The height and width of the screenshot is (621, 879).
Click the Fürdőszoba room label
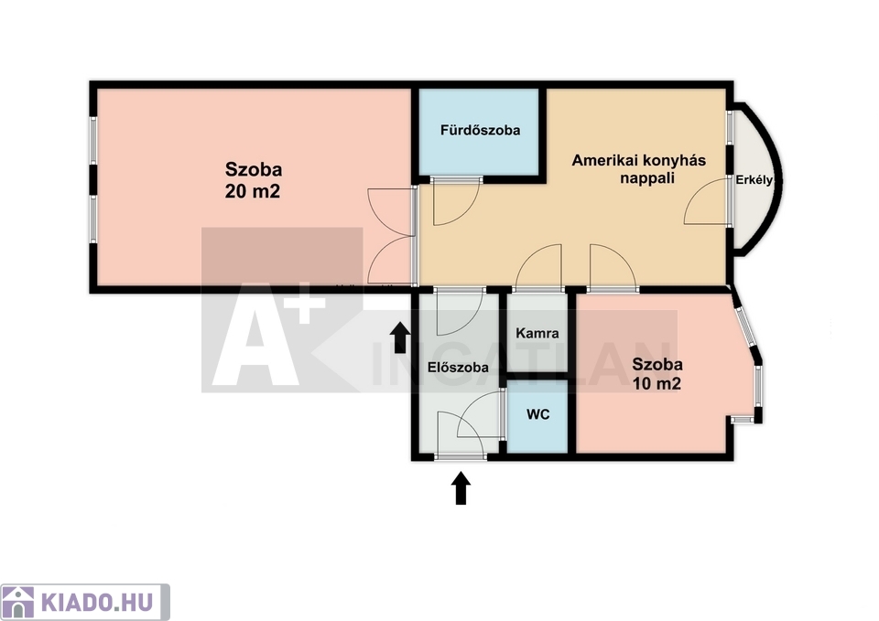tap(480, 131)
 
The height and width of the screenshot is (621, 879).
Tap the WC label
tap(537, 414)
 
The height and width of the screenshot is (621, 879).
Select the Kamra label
tap(537, 333)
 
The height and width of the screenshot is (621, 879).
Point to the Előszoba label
tap(458, 368)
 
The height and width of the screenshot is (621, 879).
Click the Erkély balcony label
tap(754, 180)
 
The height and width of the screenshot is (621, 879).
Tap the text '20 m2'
tap(253, 192)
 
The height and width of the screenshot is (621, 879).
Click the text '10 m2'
tap(657, 384)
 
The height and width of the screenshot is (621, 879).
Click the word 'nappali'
tap(647, 178)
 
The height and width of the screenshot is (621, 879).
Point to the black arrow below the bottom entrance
tap(461, 488)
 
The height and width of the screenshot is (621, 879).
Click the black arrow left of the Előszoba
tap(400, 337)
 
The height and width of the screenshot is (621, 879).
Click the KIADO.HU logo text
tap(96, 603)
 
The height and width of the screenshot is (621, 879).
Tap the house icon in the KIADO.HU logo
tap(18, 603)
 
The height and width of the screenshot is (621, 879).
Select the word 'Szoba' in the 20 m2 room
tap(254, 169)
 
